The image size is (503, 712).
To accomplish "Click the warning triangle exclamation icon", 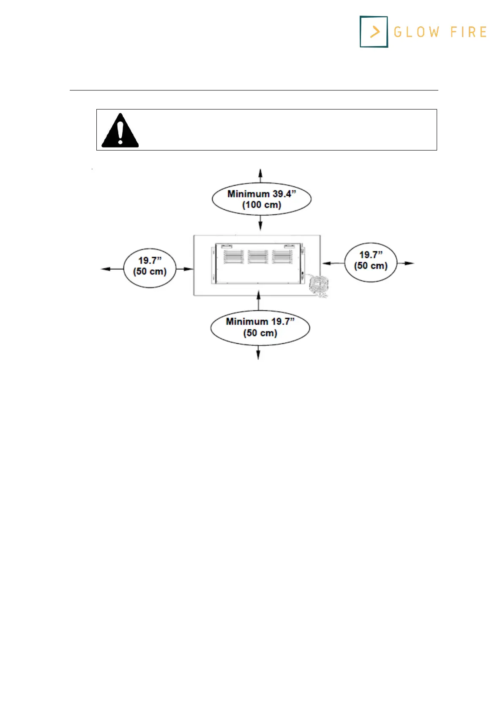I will click(120, 131).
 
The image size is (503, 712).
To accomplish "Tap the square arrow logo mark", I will click(374, 32).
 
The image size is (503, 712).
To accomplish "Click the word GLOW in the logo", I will click(416, 32).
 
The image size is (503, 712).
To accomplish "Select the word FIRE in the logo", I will click(468, 32).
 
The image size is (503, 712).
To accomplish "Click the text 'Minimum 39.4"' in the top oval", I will click(262, 194).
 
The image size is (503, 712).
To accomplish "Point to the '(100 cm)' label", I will click(262, 205).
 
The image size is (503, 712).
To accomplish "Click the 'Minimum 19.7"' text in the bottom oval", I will click(260, 322).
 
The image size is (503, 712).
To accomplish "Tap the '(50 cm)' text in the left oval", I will click(150, 271).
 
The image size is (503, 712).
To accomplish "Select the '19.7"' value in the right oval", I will click(371, 255).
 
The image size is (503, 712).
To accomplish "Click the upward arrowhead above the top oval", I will click(260, 172).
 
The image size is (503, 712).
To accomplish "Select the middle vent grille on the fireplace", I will click(258, 257).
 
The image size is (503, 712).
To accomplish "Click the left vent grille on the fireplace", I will click(234, 257).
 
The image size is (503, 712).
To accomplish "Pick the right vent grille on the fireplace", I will click(282, 257).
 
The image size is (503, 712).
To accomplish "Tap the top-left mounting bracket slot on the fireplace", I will click(227, 246).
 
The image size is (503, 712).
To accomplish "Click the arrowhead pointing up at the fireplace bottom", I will click(258, 293).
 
